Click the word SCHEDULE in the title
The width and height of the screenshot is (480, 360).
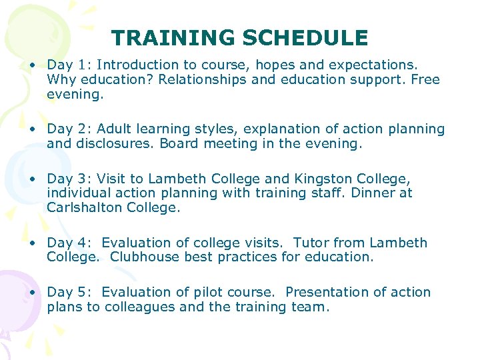[x=305, y=38]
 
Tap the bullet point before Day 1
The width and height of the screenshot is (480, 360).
[x=31, y=65]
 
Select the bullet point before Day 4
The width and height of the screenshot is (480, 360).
[x=31, y=243]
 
